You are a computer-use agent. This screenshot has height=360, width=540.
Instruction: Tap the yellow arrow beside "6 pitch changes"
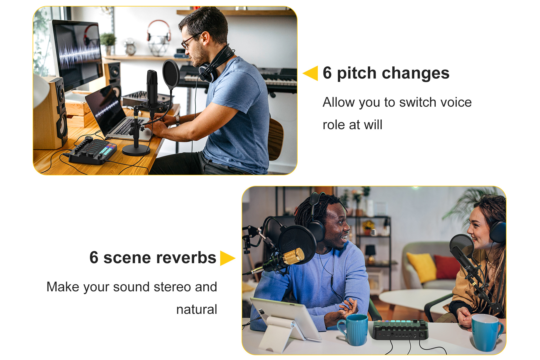310,73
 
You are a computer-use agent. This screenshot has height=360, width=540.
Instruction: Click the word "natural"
197,309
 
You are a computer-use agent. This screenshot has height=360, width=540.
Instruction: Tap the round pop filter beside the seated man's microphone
171,74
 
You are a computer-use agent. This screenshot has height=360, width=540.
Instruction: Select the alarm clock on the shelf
130,47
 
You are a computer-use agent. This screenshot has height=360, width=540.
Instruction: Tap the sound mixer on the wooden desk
93,151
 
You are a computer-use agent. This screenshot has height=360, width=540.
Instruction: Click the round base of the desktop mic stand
136,150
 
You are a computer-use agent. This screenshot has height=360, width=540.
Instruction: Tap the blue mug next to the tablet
354,329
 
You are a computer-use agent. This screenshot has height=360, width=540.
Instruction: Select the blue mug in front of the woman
486,332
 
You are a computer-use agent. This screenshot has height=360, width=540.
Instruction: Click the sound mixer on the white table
400,330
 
